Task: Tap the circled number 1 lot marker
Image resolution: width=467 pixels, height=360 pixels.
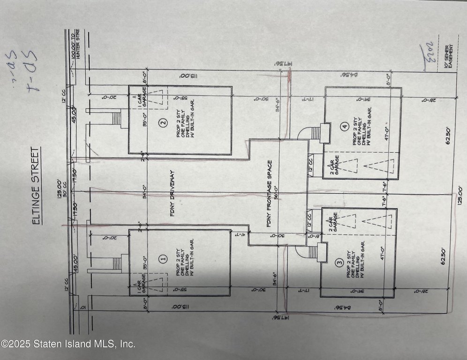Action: [x=163, y=258]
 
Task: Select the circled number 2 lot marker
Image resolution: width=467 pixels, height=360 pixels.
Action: [x=163, y=123]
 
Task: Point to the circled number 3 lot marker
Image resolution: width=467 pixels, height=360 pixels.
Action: [x=339, y=263]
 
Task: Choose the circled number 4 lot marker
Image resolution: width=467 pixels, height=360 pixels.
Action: [x=345, y=126]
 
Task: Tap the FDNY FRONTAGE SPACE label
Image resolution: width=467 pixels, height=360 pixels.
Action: [x=269, y=194]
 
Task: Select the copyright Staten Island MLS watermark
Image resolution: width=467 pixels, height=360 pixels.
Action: [x=68, y=344]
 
